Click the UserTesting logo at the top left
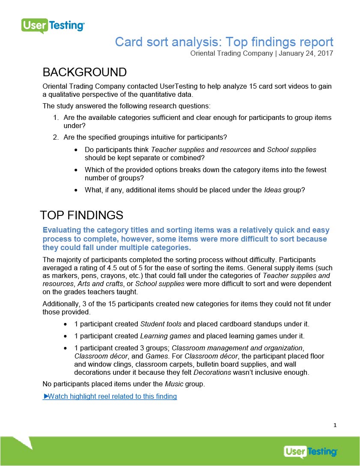tap(53, 26)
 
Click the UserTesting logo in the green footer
tap(310, 451)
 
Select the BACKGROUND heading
tap(84, 72)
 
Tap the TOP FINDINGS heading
tap(81, 215)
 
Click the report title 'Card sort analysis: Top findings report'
tap(224, 42)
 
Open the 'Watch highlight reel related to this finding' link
tap(110, 396)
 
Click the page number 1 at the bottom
tap(335, 425)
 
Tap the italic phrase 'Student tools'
tap(161, 324)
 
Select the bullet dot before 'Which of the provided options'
tap(76, 170)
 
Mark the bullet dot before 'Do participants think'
tap(76, 150)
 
